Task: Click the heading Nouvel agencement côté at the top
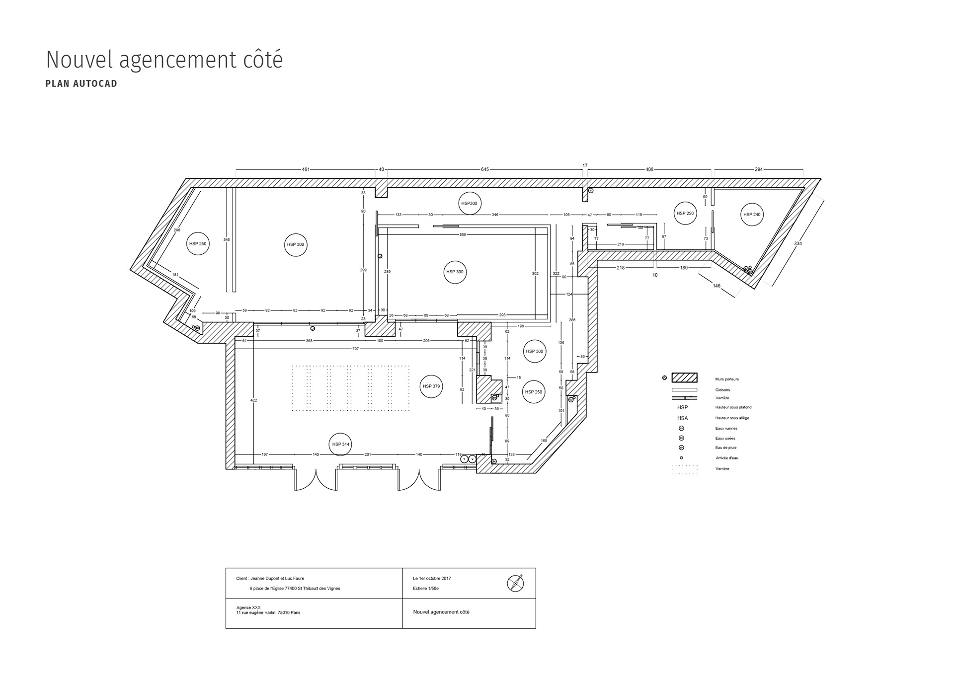[164, 60]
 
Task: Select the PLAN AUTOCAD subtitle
[81, 83]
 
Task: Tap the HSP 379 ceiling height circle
[431, 386]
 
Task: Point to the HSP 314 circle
[341, 445]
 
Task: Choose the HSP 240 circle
[751, 215]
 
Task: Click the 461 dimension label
[306, 169]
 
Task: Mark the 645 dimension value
[484, 169]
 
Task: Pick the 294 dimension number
[758, 169]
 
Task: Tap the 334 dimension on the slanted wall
[797, 244]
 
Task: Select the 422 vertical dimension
[253, 400]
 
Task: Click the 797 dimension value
[355, 349]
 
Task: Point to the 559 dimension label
[463, 234]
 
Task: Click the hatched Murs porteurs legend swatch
[684, 377]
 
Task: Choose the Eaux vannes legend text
[726, 428]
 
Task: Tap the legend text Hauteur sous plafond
[733, 407]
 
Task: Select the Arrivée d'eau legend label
[726, 458]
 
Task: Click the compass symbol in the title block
[516, 583]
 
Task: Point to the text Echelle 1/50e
[425, 589]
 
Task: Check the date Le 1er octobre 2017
[432, 579]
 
